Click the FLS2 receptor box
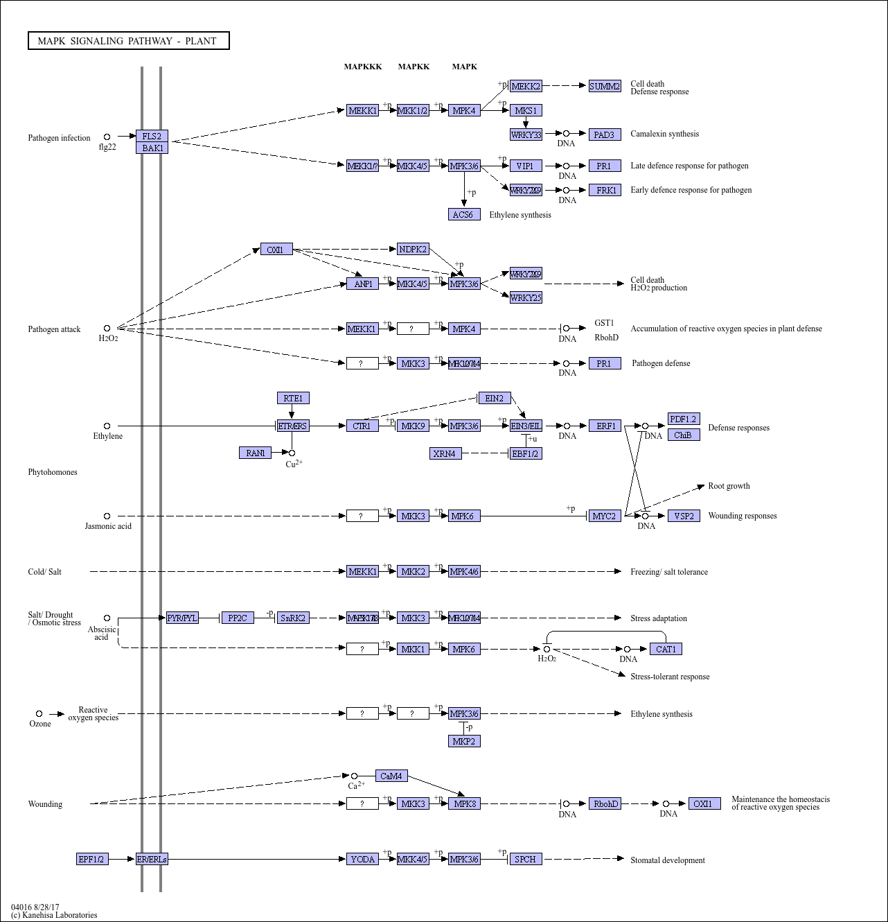[x=152, y=136]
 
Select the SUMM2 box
[x=605, y=86]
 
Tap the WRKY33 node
[x=526, y=134]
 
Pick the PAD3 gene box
[x=604, y=134]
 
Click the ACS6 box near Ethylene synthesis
[x=463, y=215]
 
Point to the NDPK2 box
[x=413, y=249]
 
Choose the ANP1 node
[x=362, y=284]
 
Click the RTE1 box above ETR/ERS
[x=293, y=398]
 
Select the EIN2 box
[x=494, y=398]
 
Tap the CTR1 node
[x=362, y=426]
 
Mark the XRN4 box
[x=445, y=453]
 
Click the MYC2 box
[x=604, y=516]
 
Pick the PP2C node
[x=238, y=618]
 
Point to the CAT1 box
[x=666, y=649]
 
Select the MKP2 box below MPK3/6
[x=463, y=741]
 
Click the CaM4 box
[x=391, y=776]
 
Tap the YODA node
[x=362, y=859]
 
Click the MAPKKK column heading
[x=363, y=67]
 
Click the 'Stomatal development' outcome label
[x=667, y=860]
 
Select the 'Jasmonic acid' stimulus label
[x=108, y=526]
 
